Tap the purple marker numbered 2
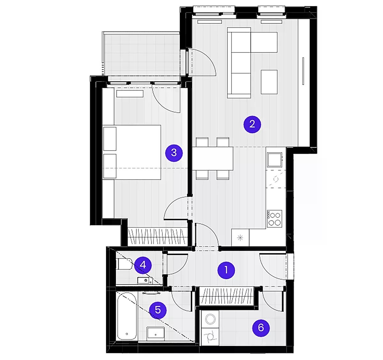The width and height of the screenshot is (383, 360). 252,124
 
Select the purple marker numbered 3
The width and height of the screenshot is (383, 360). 174,153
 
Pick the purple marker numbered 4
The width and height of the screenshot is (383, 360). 143,265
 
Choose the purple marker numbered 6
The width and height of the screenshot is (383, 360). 261,327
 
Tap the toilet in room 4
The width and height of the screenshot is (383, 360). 124,264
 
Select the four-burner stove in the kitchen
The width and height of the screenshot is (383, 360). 274,218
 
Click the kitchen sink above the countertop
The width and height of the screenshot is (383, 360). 274,159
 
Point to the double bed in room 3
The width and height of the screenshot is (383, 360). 132,152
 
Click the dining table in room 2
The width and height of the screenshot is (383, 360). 213,158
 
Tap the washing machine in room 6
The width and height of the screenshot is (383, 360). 210,320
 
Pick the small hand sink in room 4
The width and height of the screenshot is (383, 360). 145,281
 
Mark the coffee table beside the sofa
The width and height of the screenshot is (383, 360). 269,82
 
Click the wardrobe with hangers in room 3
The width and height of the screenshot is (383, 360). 158,236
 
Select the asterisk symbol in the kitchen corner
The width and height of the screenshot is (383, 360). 240,238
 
